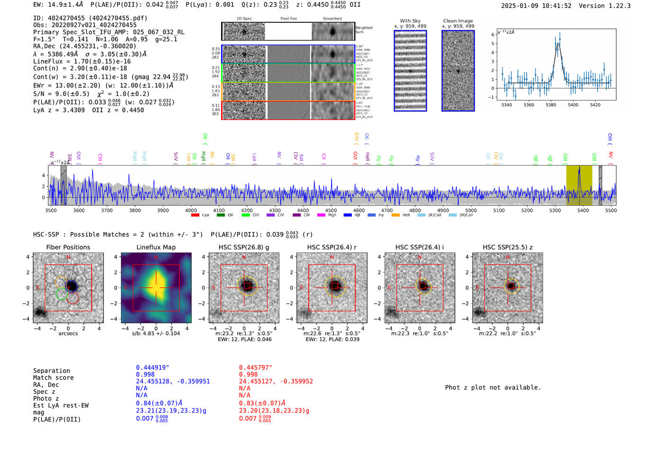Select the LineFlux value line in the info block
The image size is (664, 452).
82,61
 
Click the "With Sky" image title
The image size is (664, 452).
410,21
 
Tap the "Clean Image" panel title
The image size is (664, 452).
458,21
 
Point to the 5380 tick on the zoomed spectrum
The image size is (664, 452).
551,105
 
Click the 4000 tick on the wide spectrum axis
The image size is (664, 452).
191,210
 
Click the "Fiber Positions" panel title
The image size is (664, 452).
68,247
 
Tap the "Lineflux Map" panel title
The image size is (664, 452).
156,247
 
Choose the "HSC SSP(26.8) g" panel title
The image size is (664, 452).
244,247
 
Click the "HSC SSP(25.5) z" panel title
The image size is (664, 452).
507,247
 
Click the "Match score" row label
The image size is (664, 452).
53,378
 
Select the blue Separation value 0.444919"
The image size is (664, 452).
152,368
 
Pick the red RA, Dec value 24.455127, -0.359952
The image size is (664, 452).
276,381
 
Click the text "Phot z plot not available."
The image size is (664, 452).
493,387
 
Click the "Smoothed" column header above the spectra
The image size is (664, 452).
332,19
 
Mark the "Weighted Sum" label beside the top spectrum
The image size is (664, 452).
363,30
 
